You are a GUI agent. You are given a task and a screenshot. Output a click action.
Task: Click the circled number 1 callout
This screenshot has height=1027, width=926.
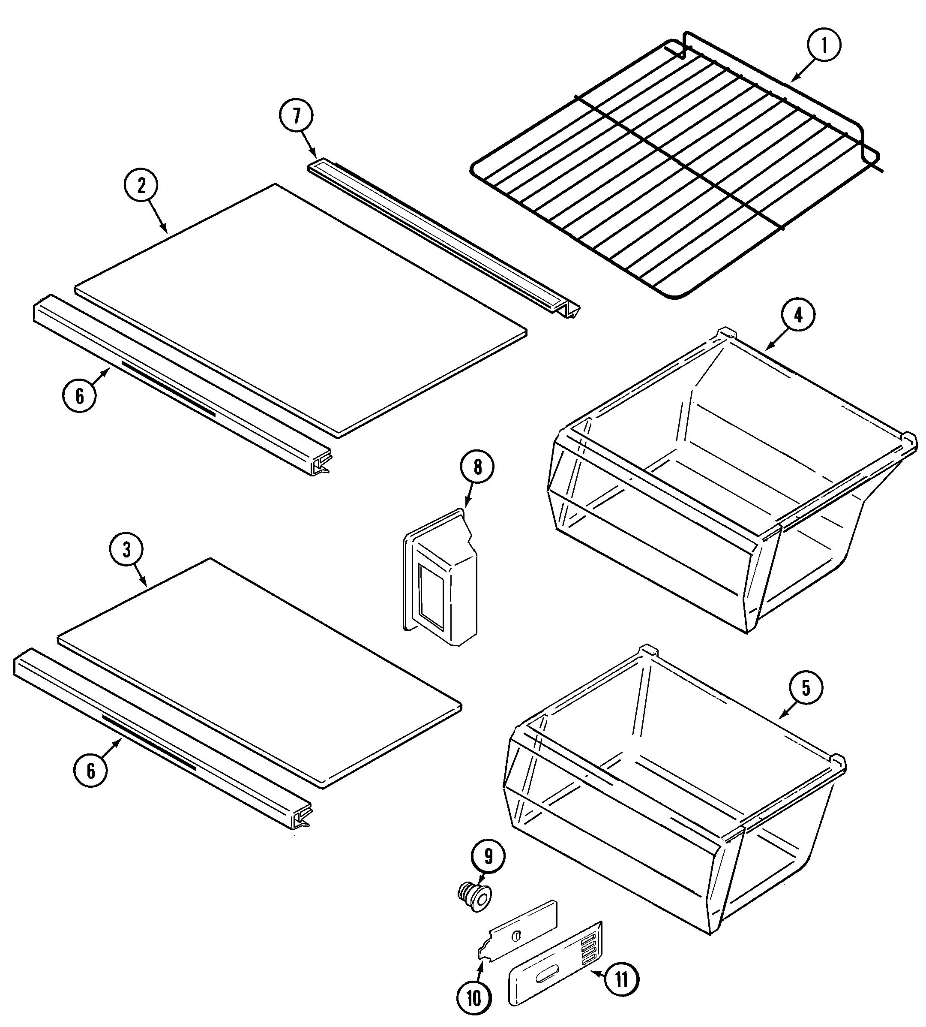pos(824,45)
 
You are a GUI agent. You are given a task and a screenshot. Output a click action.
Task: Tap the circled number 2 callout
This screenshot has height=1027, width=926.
pos(141,186)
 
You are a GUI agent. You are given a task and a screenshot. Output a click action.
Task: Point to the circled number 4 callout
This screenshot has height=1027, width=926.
pos(798,316)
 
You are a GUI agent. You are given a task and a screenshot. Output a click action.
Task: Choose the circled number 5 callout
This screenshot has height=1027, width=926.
pos(806,688)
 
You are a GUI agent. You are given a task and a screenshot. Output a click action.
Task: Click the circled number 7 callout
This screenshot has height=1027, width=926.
pos(296,116)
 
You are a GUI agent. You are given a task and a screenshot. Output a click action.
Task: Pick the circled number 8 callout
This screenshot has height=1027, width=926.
pos(477,467)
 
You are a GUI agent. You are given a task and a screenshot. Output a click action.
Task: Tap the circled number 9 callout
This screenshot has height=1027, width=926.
pos(488,856)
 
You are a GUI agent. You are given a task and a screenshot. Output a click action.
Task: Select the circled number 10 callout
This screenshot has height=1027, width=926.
pos(473,999)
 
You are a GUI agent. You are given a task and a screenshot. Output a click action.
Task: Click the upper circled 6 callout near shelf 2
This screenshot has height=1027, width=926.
pos(80,396)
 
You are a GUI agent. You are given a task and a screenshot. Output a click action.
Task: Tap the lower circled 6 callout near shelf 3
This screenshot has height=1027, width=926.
pos(90,771)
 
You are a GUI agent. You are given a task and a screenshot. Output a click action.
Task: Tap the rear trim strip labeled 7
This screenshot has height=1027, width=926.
pos(442,239)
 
